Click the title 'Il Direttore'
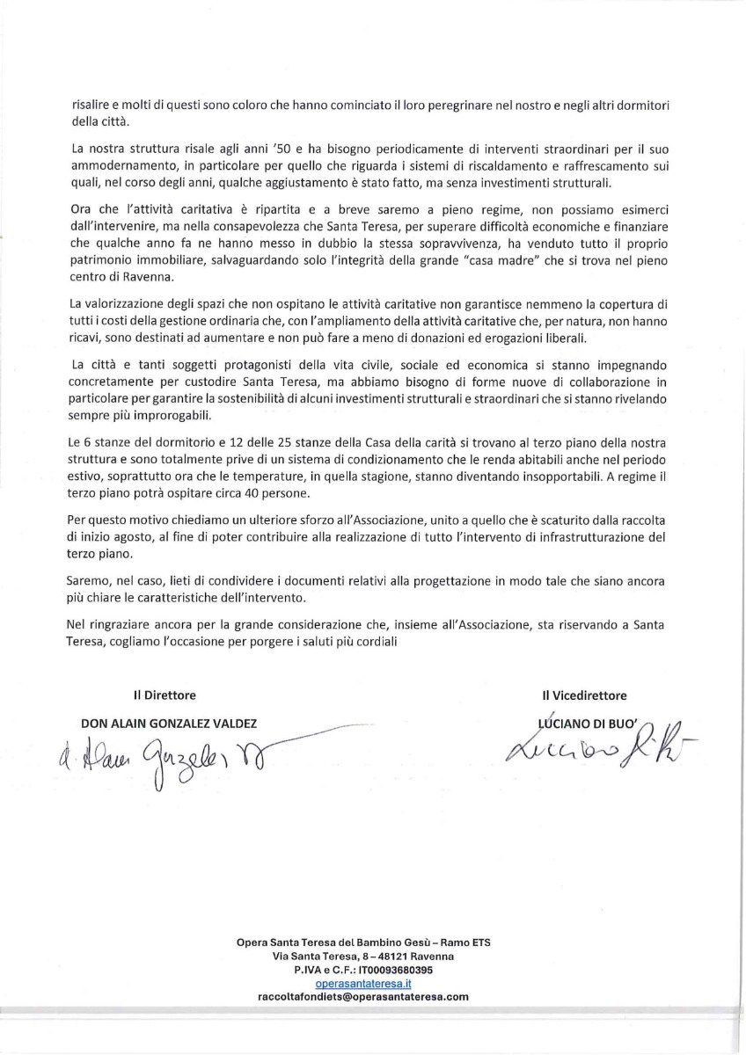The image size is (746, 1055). tap(165, 695)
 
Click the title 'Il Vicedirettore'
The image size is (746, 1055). tap(585, 695)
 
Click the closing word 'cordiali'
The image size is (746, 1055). tap(377, 642)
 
